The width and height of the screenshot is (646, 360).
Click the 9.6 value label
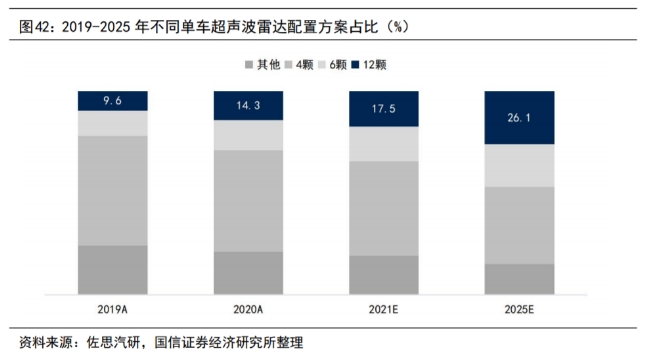click(113, 101)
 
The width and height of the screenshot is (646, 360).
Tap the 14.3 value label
click(248, 105)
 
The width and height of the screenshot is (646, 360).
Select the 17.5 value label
click(383, 109)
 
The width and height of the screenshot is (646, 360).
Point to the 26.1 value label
click(518, 118)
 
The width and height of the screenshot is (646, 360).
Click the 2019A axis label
click(113, 309)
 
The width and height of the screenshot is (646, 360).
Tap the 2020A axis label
click(248, 309)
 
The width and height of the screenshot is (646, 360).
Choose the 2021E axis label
click(383, 309)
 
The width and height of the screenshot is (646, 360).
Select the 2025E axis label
click(518, 309)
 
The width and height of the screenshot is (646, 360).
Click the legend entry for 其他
click(262, 65)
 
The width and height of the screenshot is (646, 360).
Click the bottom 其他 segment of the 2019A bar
click(113, 270)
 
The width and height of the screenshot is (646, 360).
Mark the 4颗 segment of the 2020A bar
click(248, 200)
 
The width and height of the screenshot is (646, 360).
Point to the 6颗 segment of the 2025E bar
click(518, 165)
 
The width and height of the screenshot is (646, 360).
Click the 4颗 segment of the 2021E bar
click(383, 208)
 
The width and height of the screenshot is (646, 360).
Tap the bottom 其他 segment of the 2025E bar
click(518, 279)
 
